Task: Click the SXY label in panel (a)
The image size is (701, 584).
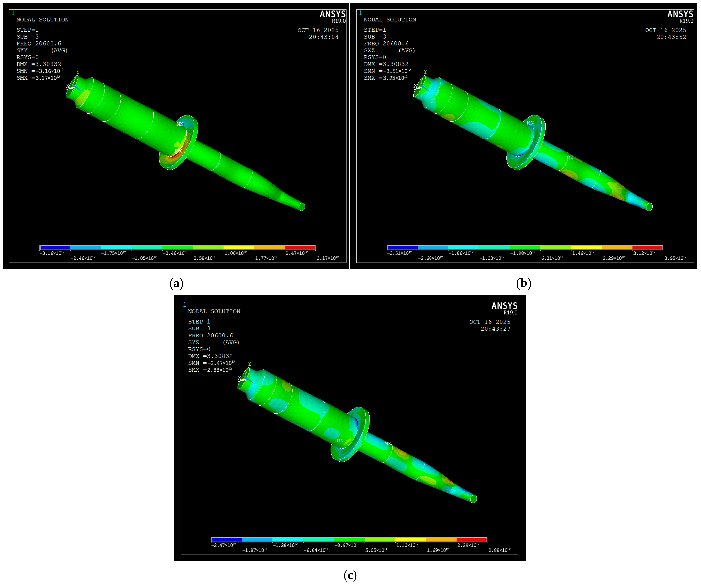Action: (x=22, y=50)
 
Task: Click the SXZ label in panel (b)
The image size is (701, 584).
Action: (x=369, y=50)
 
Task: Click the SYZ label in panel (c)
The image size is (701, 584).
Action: (x=194, y=342)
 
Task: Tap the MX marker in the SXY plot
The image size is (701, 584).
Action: (x=178, y=151)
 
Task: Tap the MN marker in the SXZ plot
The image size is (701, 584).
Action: (x=530, y=123)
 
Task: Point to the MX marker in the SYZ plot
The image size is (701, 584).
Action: (x=388, y=444)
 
